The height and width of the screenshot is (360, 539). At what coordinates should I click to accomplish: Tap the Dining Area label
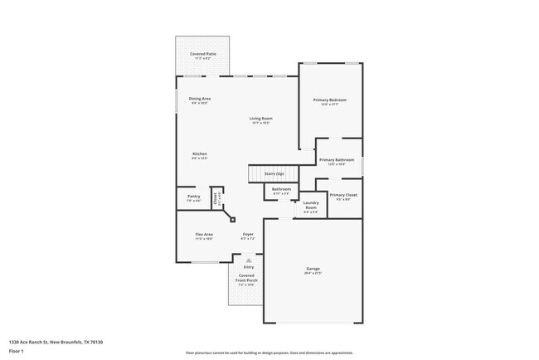pos(199,100)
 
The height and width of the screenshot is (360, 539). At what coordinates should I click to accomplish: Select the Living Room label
pos(261,119)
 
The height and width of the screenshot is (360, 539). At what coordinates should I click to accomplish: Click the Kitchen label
pos(200,155)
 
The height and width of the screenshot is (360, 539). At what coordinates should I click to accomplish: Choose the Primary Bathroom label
pos(337,160)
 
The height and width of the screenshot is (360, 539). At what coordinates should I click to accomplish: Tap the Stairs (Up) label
pos(274,173)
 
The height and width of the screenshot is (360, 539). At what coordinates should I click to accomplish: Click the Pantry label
pos(193,197)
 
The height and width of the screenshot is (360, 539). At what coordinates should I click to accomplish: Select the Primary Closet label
pos(343,196)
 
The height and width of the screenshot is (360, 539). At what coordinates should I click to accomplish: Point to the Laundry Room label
pos(311,207)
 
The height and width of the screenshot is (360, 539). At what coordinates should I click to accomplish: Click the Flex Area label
pos(204,236)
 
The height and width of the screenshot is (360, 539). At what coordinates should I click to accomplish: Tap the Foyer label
pos(248,236)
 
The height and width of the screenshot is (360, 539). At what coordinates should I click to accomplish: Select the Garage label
pos(313,270)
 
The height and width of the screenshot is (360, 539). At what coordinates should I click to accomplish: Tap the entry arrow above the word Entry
pos(248,259)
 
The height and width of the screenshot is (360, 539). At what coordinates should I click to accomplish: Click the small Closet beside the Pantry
pos(216,197)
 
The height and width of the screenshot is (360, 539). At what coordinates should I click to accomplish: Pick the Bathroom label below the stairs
pos(281,190)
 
